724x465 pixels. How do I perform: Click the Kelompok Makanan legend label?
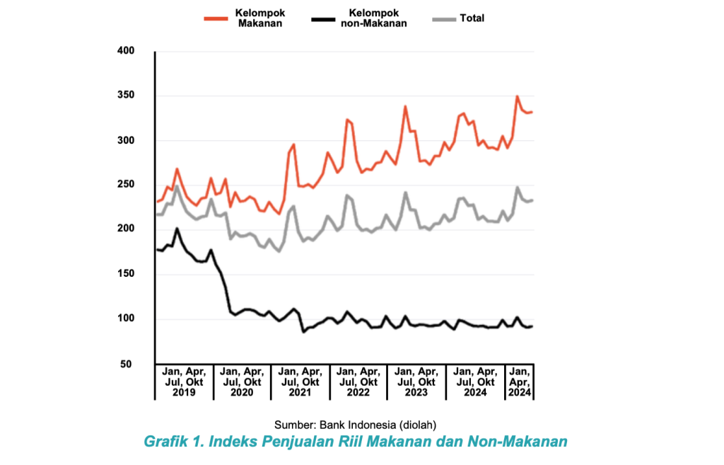[x=259, y=18]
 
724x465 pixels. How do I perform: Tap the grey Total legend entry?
[x=472, y=18]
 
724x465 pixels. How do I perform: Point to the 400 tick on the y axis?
[x=124, y=51]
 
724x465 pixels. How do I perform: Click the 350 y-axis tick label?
[x=124, y=96]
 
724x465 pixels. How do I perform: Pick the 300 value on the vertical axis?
[x=124, y=141]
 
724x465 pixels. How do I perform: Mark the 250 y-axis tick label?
[x=124, y=185]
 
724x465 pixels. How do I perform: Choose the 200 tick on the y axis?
[x=124, y=229]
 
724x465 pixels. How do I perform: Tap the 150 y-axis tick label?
[x=124, y=274]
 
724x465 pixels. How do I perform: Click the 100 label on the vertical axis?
[x=124, y=319]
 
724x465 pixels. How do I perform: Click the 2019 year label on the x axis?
[x=183, y=392]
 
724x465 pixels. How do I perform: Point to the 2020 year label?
[x=241, y=392]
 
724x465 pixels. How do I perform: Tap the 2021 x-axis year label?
[x=300, y=392]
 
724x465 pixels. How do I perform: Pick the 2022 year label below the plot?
[x=358, y=392]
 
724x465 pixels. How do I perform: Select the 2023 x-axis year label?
[x=416, y=392]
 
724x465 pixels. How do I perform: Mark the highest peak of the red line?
[x=518, y=96]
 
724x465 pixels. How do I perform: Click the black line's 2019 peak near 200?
[x=177, y=229]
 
